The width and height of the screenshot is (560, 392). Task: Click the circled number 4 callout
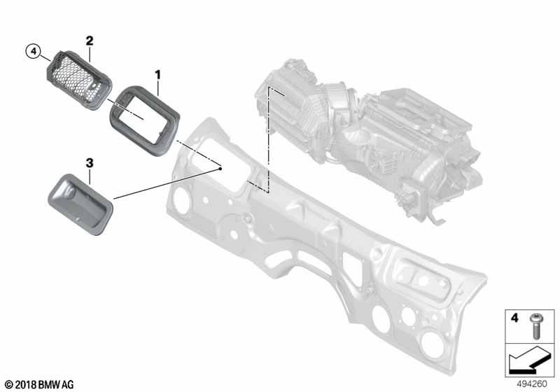33,51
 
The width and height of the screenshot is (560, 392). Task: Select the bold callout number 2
90,41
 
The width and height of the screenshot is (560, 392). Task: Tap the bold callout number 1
157,75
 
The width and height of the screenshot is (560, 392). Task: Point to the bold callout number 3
90,163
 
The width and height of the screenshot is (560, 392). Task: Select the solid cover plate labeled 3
80,204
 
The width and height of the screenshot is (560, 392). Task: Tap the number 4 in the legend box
514,317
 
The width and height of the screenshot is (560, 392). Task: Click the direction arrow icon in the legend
528,360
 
